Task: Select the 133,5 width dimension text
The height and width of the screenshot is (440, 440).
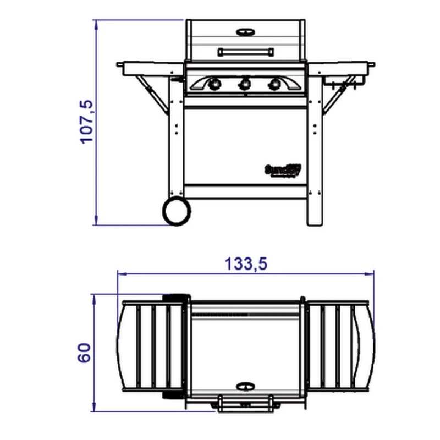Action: pos(245,264)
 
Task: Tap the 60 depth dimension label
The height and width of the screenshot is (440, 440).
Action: pos(84,353)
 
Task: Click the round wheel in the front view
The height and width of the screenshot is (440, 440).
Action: pos(177,211)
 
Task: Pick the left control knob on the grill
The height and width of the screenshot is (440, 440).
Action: pos(215,84)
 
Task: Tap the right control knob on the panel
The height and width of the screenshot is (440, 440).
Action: pos(273,84)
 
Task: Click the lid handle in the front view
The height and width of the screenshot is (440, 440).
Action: pos(246,52)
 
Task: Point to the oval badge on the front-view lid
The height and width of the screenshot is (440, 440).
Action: pos(246,32)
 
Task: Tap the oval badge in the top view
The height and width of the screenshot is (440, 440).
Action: pos(246,385)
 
